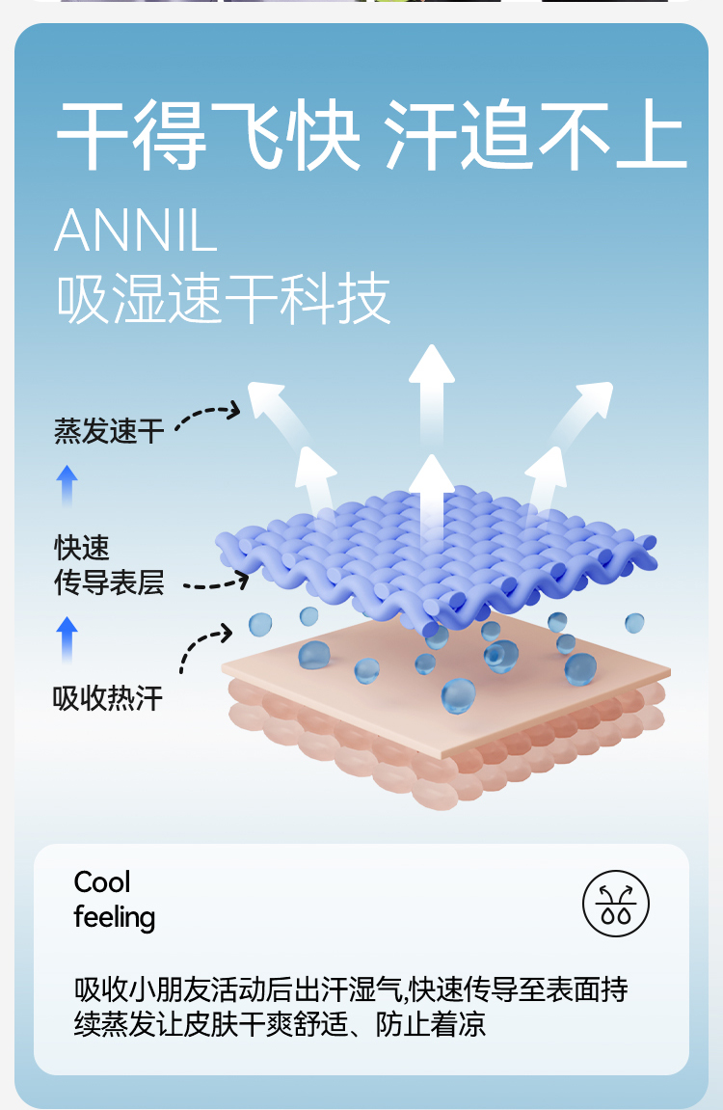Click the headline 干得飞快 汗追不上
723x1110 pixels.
coord(371,136)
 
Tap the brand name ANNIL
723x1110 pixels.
coord(136,230)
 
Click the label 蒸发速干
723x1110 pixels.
coord(109,431)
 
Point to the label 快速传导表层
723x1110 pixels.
coord(109,565)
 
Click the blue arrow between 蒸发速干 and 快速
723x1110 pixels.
coord(67,487)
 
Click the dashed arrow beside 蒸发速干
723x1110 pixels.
coord(207,416)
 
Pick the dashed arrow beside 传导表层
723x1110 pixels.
coord(216,582)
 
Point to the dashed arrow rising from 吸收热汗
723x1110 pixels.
coord(203,646)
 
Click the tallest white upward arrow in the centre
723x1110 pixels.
coord(431,395)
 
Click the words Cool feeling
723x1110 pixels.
coord(114,900)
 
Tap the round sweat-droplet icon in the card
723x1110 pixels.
coord(616,905)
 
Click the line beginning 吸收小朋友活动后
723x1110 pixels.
coord(351,989)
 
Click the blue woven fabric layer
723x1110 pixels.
coord(434,555)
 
